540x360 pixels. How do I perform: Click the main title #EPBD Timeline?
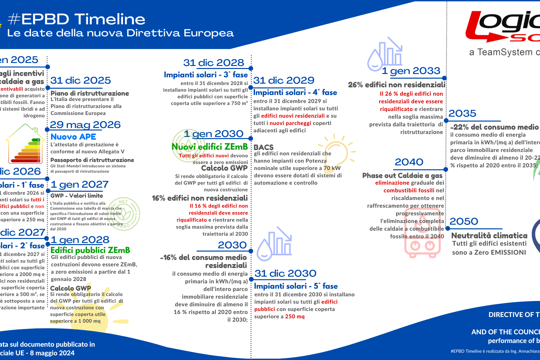pyautogui.click(x=76, y=19)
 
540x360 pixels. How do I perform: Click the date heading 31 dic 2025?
pyautogui.click(x=81, y=81)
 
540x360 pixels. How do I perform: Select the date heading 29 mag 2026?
pyautogui.click(x=85, y=125)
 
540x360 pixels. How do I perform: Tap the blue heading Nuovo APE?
pyautogui.click(x=73, y=137)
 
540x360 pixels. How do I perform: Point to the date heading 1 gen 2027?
pyautogui.click(x=80, y=185)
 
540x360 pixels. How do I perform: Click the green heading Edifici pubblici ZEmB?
pyautogui.click(x=90, y=250)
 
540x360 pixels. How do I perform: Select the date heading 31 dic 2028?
pyautogui.click(x=214, y=63)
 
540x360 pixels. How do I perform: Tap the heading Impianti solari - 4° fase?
pyautogui.click(x=295, y=93)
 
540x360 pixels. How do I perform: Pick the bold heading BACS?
pyautogui.click(x=263, y=147)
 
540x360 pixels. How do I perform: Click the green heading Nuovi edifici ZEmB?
pyautogui.click(x=210, y=147)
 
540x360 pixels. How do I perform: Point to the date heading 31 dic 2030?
pyautogui.click(x=285, y=273)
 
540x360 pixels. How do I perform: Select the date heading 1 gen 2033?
pyautogui.click(x=411, y=71)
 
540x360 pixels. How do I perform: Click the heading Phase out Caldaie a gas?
pyautogui.click(x=402, y=176)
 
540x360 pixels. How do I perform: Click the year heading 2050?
pyautogui.click(x=464, y=221)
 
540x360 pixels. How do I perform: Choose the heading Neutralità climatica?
pyautogui.click(x=489, y=235)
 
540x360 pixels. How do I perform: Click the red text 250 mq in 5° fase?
pyautogui.click(x=295, y=316)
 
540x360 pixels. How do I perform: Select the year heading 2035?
pyautogui.click(x=462, y=114)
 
